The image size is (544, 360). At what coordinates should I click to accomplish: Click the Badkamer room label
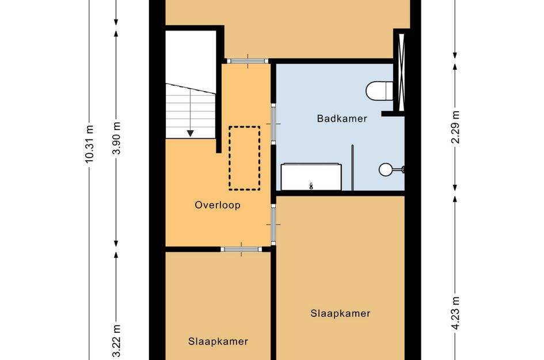coord(342,118)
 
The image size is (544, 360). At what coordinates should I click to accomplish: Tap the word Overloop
coord(217,204)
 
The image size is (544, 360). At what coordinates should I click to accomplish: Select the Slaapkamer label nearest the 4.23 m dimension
coord(340,313)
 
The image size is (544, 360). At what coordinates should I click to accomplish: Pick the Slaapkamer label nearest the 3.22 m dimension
coord(218,341)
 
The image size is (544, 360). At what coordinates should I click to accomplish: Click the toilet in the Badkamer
coord(379,90)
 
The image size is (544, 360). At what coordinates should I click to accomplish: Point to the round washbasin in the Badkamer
coord(386,169)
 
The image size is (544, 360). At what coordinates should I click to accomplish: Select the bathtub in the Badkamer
coord(311,177)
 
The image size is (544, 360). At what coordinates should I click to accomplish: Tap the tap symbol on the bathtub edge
coord(311,185)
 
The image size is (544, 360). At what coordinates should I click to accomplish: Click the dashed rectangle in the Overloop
coord(245,158)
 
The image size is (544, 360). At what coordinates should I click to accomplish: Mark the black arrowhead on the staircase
coord(190,134)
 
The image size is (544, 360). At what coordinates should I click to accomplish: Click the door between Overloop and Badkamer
coord(273,124)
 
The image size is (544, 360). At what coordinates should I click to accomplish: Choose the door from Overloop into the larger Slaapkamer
coord(273,224)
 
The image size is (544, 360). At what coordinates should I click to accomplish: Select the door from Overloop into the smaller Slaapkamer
coord(241,249)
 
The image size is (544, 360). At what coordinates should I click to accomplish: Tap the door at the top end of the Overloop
coord(246,60)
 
